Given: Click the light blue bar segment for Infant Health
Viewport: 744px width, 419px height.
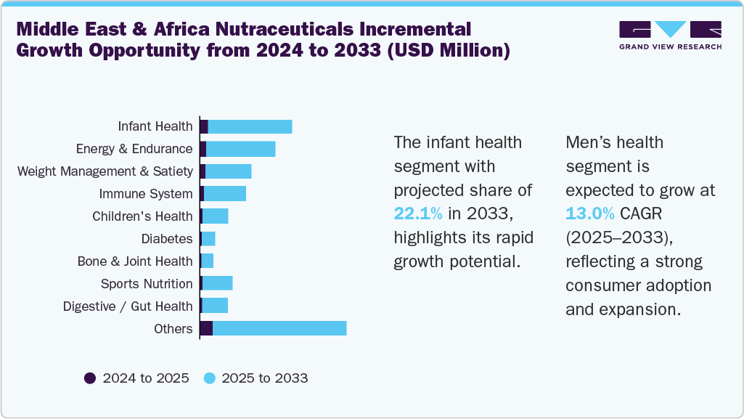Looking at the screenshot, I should pos(250,126).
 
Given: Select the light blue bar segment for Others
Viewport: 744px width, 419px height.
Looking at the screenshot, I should pos(279,328).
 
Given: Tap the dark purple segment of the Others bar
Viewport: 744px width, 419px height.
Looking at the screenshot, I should pos(206,328).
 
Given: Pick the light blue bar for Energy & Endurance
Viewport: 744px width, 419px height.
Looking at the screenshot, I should pos(241,149).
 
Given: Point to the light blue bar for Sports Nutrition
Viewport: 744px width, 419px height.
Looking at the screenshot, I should pos(218,283).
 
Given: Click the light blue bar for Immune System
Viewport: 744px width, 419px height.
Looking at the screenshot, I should pos(225,194).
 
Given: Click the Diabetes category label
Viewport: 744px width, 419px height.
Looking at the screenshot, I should pos(167,238).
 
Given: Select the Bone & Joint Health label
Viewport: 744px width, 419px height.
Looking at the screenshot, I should pos(135,261).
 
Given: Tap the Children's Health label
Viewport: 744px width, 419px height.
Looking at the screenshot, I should pos(142,216).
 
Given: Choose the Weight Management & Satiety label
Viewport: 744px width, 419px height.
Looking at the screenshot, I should pos(105,171).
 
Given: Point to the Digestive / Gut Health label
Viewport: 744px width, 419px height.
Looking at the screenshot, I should pos(128,306).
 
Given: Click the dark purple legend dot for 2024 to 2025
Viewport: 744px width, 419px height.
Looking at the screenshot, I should pos(90,378).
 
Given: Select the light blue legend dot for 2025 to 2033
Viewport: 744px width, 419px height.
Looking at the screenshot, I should pos(209,378).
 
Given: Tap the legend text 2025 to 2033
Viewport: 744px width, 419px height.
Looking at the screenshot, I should pos(265,378).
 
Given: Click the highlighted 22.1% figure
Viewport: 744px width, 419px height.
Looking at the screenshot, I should pos(418,213).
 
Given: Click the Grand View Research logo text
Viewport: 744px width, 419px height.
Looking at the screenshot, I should pos(670,46).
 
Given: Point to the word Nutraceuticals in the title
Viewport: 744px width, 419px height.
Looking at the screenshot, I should pos(254,30).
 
